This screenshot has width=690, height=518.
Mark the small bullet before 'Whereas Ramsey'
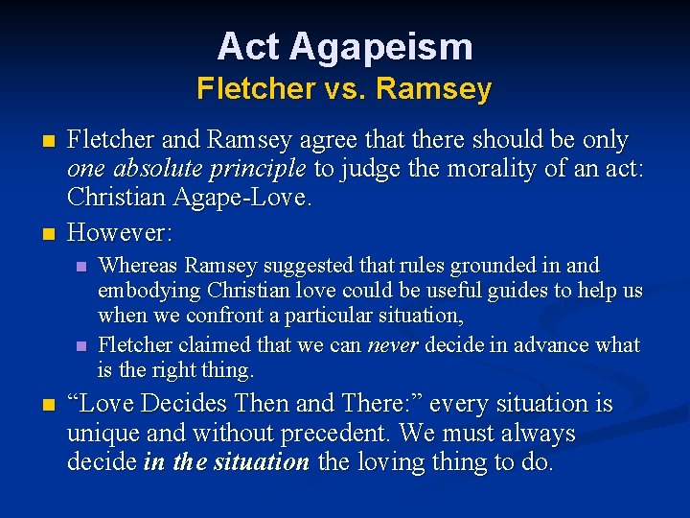[81, 266]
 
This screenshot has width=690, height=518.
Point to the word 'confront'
[222, 315]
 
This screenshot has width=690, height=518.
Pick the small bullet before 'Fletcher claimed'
[81, 345]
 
